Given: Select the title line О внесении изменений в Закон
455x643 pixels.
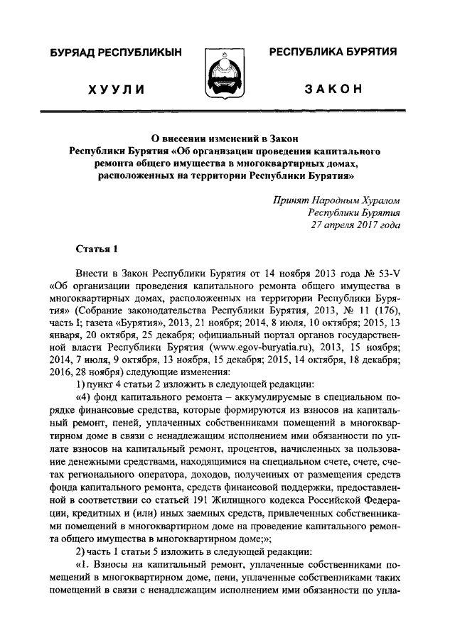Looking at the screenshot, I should point(227,138).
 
